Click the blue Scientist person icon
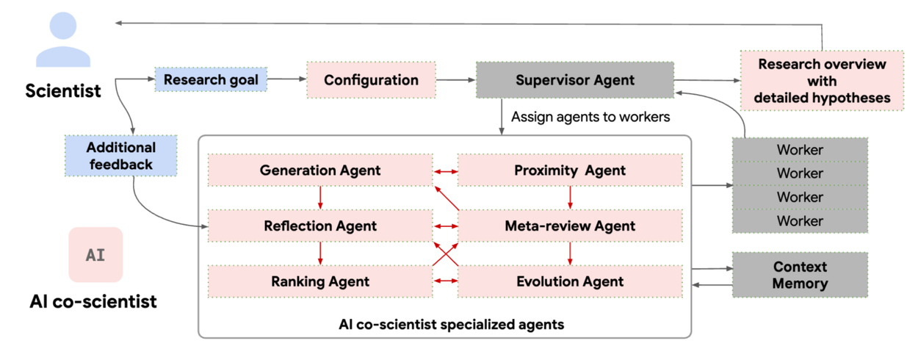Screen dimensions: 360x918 [63, 41]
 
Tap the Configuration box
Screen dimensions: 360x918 [371, 80]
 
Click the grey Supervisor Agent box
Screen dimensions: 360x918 [574, 80]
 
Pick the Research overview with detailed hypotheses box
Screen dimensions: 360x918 [822, 81]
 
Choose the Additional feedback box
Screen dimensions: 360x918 [120, 156]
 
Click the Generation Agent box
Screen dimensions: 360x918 [320, 170]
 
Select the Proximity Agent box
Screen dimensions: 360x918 [570, 170]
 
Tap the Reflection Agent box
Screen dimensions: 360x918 [320, 226]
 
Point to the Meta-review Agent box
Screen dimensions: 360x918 [570, 226]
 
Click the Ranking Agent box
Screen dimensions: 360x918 [320, 281]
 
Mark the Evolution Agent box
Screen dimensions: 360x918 [570, 281]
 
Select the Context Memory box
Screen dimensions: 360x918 [800, 276]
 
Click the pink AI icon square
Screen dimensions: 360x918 [95, 255]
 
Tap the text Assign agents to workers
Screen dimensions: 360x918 [590, 117]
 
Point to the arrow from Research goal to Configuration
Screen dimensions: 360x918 [286, 79]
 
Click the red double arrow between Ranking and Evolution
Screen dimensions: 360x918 [445, 281]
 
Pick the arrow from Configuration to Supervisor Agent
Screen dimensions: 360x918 [455, 79]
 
